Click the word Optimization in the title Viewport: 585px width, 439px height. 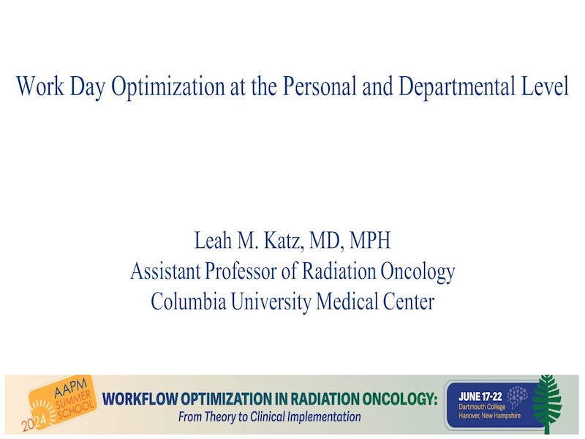click(168, 86)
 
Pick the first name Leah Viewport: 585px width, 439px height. click(213, 240)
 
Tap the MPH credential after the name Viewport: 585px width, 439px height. click(370, 240)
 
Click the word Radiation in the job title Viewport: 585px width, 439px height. click(339, 271)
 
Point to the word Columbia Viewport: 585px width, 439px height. click(189, 301)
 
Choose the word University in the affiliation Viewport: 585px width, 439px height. click(271, 301)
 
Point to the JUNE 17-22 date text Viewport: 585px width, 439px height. click(480, 397)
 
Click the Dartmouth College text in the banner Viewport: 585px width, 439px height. click(482, 407)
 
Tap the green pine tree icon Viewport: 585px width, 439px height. click(546, 404)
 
